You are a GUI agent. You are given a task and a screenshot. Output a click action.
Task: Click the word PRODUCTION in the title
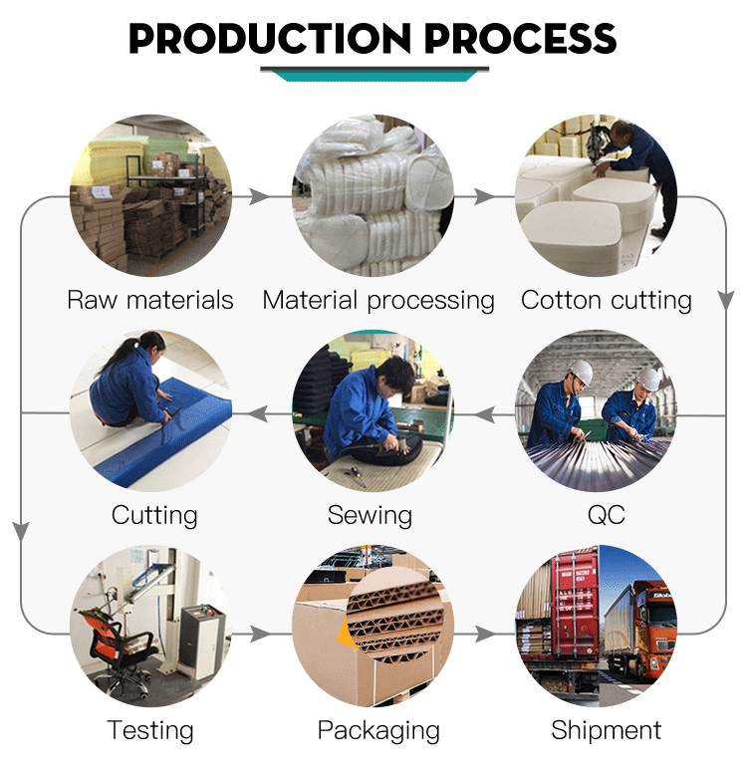[x=270, y=38]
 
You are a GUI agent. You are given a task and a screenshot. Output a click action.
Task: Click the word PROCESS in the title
[x=520, y=38]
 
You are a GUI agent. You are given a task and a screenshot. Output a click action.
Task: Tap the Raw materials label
[x=150, y=300]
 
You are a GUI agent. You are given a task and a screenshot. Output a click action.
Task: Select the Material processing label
[x=378, y=301]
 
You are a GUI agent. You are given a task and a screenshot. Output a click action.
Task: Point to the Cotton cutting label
[x=607, y=301]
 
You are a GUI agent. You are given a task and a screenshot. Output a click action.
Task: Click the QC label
[x=607, y=515]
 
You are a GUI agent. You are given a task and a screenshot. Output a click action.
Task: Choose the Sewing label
[x=370, y=516]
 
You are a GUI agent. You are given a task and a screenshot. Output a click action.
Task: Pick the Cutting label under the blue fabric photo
[x=154, y=516]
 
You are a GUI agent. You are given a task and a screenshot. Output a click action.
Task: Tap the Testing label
[x=150, y=731]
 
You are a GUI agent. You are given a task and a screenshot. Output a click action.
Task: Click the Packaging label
[x=378, y=731]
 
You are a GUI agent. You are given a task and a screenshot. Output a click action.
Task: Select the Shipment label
[x=607, y=729]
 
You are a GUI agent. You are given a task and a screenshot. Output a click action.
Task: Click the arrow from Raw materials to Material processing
[x=259, y=197]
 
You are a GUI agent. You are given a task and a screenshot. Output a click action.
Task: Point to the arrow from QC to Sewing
[x=484, y=414]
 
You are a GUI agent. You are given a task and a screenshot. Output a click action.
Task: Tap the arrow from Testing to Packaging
[x=260, y=634]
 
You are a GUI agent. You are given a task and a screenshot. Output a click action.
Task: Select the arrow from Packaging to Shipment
[x=485, y=634]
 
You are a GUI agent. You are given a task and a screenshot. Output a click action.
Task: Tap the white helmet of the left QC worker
[x=581, y=372]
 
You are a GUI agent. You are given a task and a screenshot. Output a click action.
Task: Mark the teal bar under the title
[x=374, y=77]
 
